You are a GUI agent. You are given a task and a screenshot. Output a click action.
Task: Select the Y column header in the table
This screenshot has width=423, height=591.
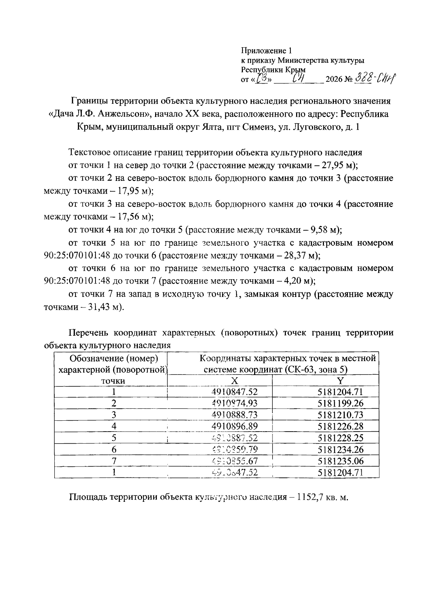coord(340,381)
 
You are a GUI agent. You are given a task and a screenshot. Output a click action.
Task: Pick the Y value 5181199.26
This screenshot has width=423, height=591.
coord(340,403)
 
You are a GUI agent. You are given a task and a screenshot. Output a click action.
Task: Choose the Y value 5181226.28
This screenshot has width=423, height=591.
coord(340,427)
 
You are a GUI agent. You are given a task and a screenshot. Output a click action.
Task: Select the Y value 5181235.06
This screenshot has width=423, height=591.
coord(340,461)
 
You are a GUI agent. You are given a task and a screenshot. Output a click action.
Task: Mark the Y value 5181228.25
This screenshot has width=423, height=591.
coord(340,438)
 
